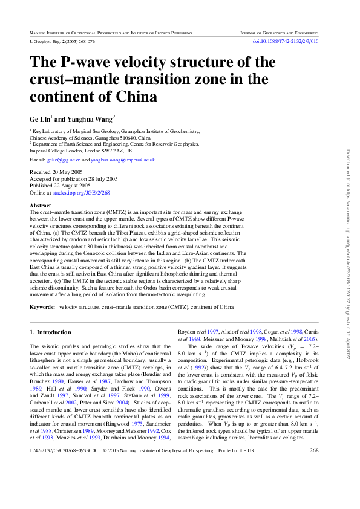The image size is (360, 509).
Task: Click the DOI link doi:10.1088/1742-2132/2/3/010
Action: [293, 41]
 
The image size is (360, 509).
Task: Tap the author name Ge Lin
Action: [41, 118]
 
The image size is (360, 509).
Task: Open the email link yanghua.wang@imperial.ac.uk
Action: [123, 160]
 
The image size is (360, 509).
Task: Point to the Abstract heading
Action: [41, 206]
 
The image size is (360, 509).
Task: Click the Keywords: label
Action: [42, 307]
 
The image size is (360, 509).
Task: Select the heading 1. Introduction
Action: [50, 332]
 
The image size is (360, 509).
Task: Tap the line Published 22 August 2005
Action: [59, 186]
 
